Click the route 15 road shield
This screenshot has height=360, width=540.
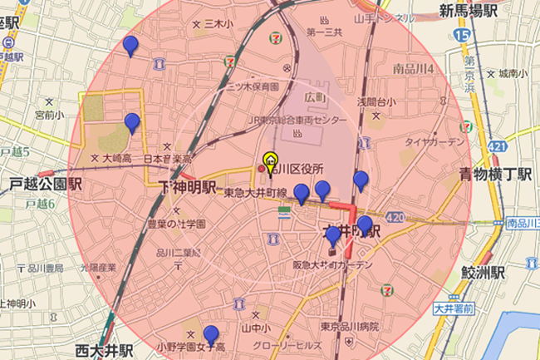(462, 35)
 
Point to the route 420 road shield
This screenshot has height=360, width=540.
(395, 218)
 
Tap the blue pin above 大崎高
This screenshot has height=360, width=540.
(131, 124)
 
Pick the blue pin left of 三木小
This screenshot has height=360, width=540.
(130, 46)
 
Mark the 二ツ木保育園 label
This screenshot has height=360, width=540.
(248, 86)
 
